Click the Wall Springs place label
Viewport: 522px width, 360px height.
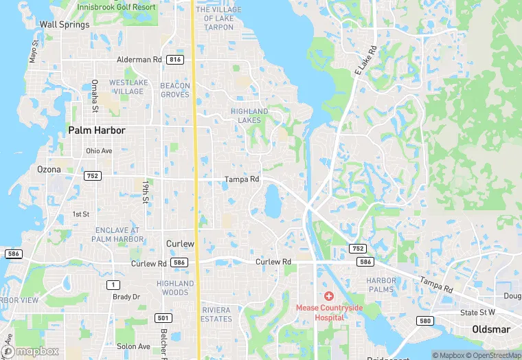coord(65,25)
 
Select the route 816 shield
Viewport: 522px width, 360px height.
coord(174,60)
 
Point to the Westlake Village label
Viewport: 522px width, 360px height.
coord(129,87)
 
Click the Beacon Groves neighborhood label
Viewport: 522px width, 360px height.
coord(174,90)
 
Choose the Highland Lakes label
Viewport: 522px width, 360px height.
coord(249,115)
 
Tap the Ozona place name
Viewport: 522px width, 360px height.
coord(49,169)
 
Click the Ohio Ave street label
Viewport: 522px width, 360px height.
coord(99,151)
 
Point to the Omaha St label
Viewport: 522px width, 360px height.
coord(95,95)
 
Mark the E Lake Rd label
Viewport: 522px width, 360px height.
coord(366,60)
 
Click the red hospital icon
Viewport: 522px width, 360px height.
coord(329,296)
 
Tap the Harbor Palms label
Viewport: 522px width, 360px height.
coord(381,285)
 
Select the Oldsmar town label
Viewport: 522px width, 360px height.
coord(490,330)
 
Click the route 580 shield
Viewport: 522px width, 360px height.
coord(425,321)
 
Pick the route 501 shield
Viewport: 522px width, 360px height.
coord(162,317)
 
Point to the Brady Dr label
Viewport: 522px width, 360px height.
coord(126,297)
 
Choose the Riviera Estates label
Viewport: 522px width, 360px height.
coord(216,315)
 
